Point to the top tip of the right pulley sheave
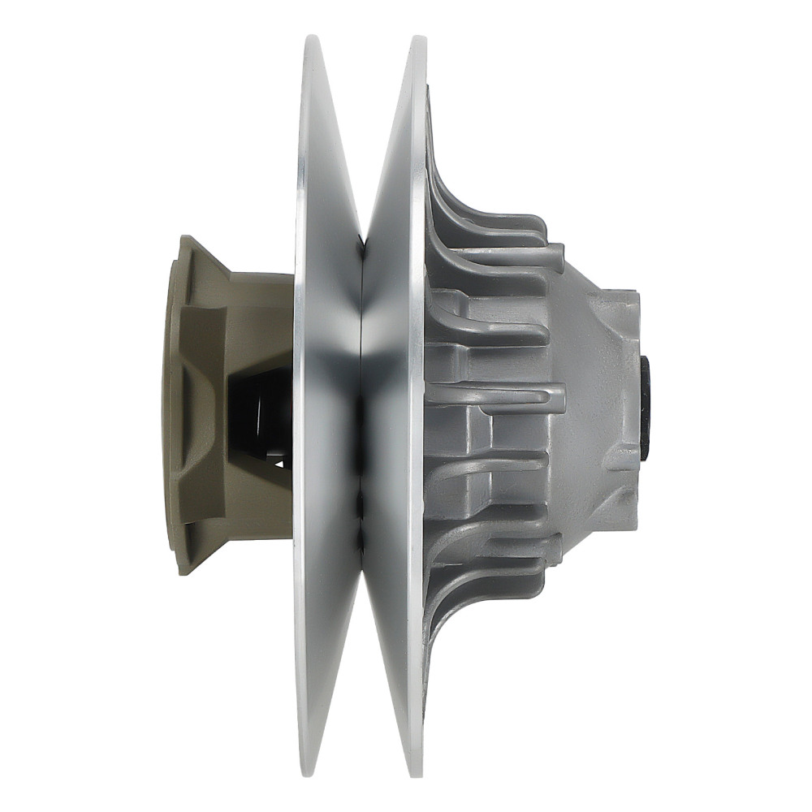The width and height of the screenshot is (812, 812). (419, 38)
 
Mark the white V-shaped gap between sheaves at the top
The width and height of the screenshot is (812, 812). (365, 122)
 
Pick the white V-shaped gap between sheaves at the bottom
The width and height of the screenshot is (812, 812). (365, 690)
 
